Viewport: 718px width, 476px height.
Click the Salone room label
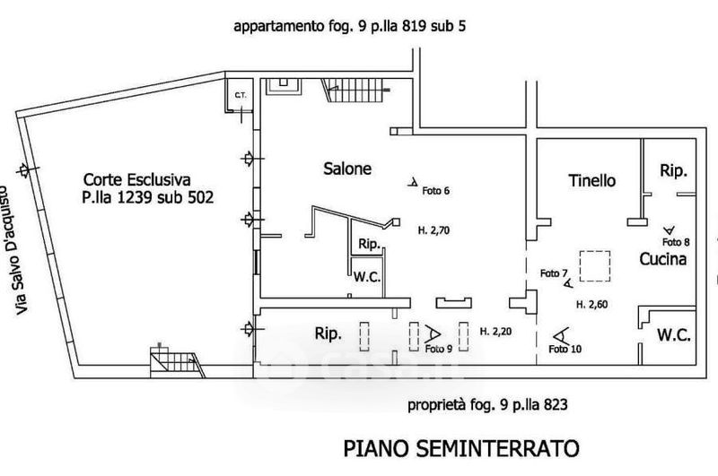[347, 169]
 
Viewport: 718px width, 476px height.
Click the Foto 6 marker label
[434, 190]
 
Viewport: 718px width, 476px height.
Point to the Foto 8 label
[675, 241]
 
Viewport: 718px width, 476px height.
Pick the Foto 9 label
[438, 348]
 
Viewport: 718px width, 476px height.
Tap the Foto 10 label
[564, 348]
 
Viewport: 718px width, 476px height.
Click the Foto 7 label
[554, 273]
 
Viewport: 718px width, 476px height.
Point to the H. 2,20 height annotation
[496, 330]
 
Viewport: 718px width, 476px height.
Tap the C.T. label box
[241, 95]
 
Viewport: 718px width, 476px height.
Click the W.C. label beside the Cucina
[673, 336]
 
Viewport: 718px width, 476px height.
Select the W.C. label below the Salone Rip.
[367, 277]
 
